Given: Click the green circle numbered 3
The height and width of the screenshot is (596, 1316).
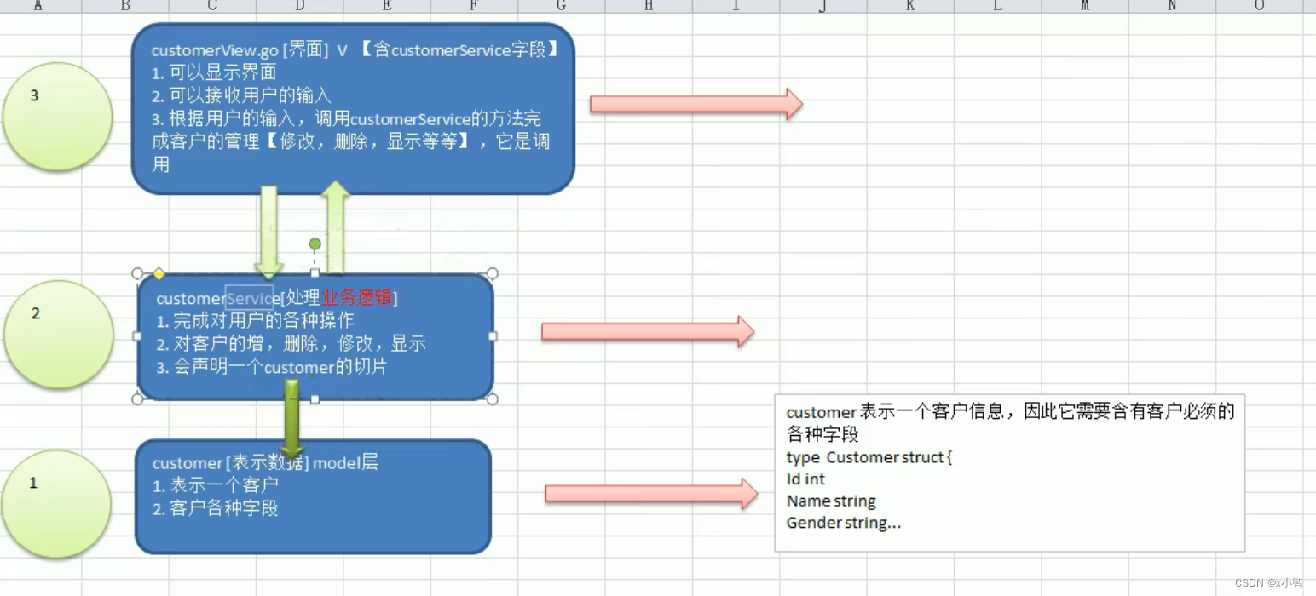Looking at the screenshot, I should [x=57, y=116].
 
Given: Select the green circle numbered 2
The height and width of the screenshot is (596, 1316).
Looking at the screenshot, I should [x=58, y=335].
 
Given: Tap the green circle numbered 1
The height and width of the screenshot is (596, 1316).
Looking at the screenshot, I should [x=57, y=504].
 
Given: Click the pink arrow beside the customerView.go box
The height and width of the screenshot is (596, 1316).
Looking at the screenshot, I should [x=696, y=104].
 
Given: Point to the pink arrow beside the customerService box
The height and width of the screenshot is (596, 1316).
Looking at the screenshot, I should [x=647, y=331].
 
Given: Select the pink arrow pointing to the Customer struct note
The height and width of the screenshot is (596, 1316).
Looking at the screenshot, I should [x=650, y=494].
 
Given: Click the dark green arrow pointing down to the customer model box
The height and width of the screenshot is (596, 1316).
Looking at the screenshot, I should [x=292, y=417].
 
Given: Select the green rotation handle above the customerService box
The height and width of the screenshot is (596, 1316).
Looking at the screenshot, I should [x=315, y=244].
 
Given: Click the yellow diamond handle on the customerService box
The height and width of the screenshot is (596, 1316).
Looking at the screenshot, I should [x=158, y=274].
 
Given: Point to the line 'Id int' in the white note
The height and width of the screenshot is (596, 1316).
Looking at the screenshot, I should [x=805, y=479].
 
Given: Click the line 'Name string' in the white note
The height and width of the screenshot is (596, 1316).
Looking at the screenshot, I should [x=830, y=501].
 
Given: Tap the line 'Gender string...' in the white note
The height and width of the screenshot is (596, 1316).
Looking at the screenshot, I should [x=843, y=524].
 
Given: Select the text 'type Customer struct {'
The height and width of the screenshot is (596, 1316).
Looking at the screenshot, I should [x=869, y=457].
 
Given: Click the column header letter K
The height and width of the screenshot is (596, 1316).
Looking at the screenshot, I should [x=909, y=6].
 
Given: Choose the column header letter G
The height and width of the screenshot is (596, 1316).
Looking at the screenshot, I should [x=561, y=6].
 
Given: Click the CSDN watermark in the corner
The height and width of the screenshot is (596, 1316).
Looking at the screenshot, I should [x=1268, y=582].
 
